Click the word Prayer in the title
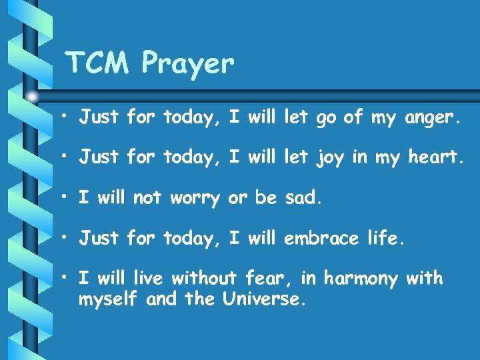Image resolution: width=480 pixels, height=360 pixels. (x=189, y=65)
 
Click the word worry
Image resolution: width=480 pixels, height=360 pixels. (x=195, y=199)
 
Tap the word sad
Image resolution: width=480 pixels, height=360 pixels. (x=303, y=198)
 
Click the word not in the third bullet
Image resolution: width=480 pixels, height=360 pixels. (x=147, y=198)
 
